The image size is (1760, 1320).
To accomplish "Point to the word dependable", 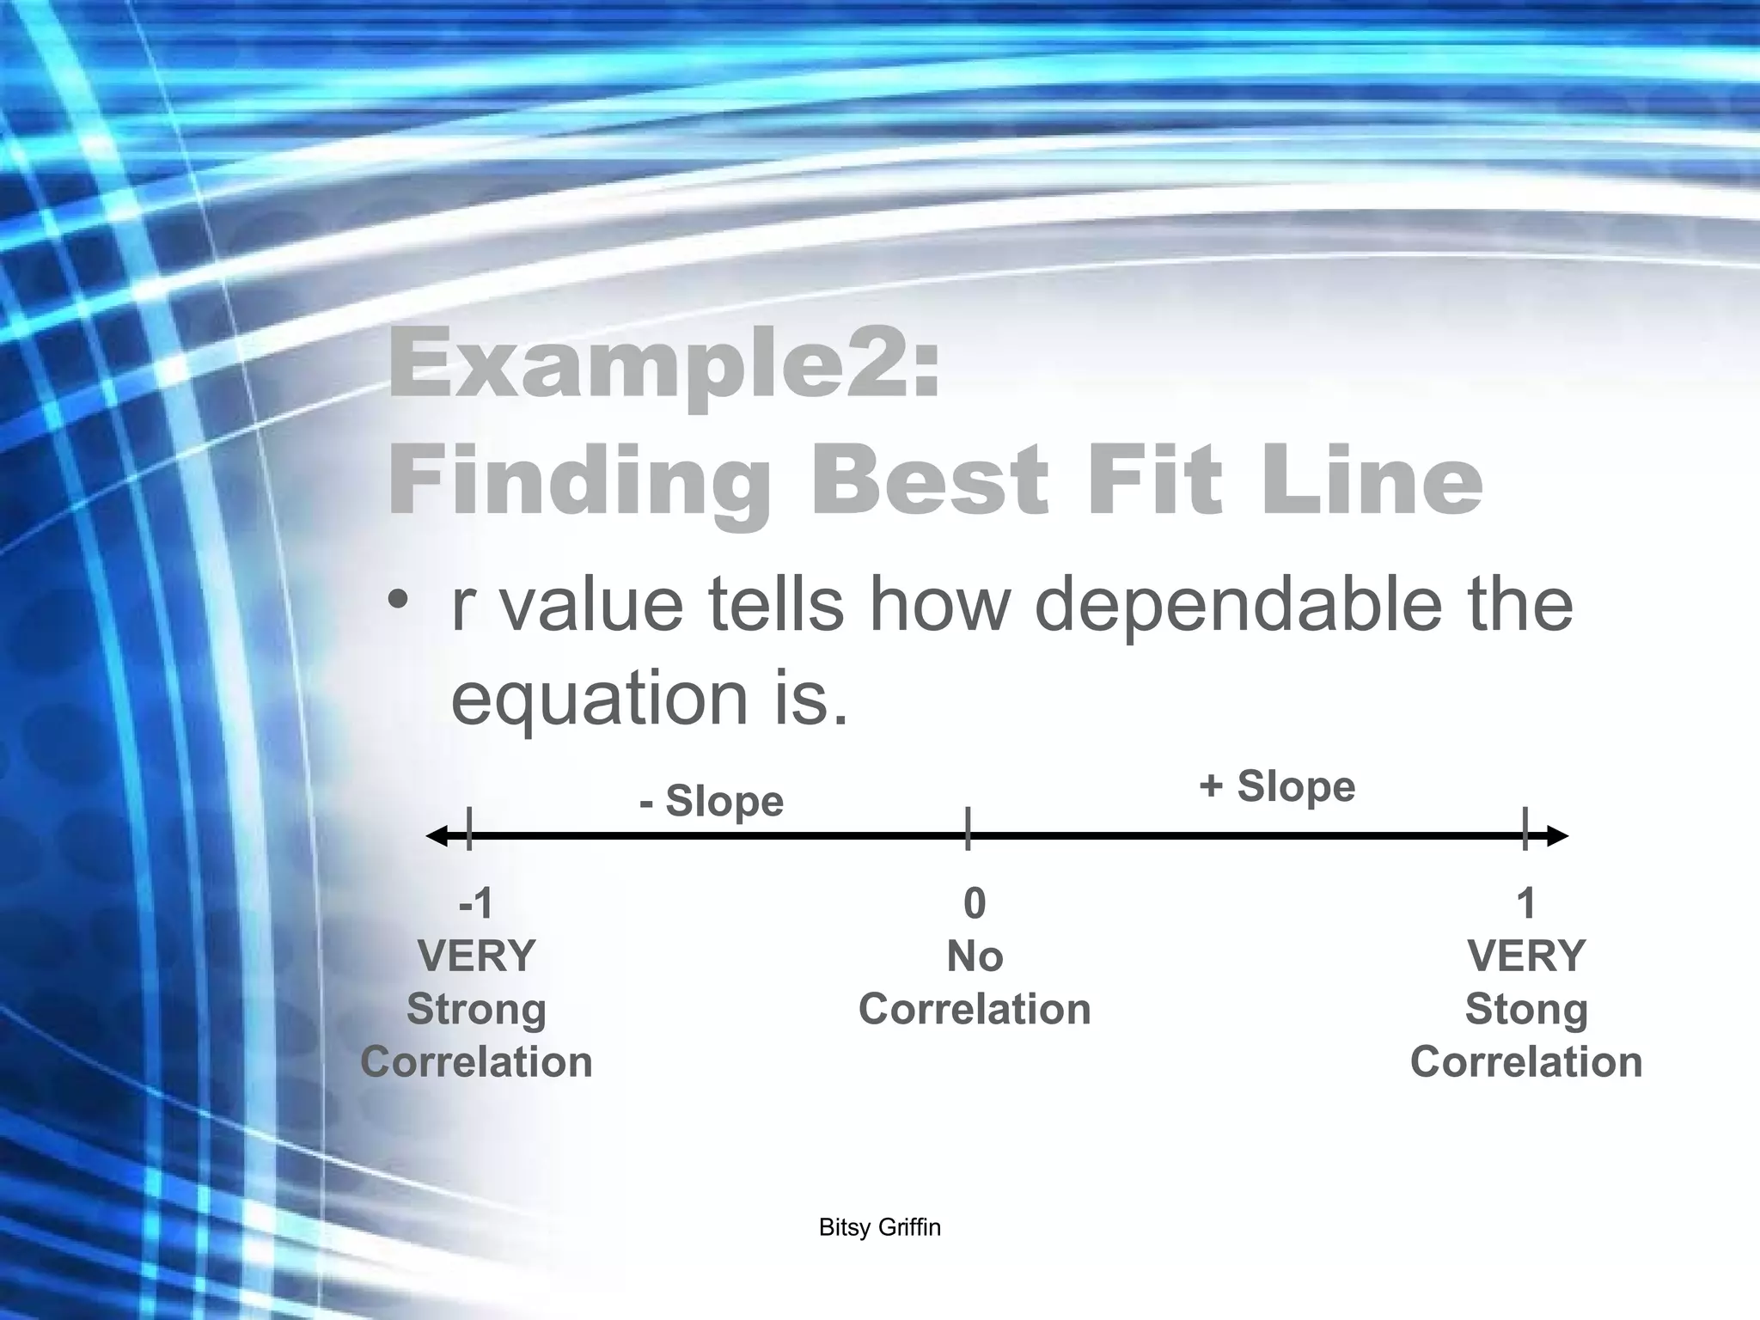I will [1238, 604].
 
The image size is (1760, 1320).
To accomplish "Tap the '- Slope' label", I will [712, 801].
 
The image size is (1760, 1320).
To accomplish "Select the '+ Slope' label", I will [1277, 785].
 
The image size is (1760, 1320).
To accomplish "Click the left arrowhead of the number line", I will [438, 835].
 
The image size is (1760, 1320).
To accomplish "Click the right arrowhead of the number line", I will [1555, 835].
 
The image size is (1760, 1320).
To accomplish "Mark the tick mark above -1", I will [469, 829].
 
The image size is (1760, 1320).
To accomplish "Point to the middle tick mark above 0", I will [968, 829].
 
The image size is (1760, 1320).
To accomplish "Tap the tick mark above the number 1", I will [1525, 829].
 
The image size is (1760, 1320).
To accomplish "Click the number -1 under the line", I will [476, 903].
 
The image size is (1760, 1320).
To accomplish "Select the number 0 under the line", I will [975, 903].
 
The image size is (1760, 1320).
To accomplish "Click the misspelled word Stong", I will [1526, 1009].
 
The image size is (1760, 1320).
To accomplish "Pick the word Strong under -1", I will [476, 1009].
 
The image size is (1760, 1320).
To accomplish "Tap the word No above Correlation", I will [975, 956].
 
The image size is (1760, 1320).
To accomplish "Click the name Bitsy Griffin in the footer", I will [880, 1227].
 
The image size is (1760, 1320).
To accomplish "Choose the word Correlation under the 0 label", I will [975, 1009].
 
